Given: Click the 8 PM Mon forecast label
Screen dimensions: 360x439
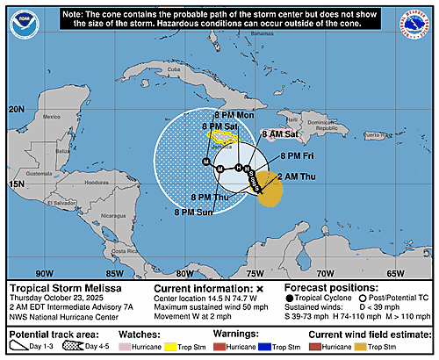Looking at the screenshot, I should tap(234, 115).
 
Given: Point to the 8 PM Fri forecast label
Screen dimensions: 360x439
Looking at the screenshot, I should tap(298, 155).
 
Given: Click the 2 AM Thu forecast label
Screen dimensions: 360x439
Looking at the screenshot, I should tap(295, 177).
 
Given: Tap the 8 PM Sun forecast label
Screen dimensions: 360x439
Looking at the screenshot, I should tap(196, 212).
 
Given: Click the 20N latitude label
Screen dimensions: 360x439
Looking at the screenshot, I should tap(16, 110).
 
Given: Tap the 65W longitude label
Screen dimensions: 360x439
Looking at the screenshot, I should tap(394, 273).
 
